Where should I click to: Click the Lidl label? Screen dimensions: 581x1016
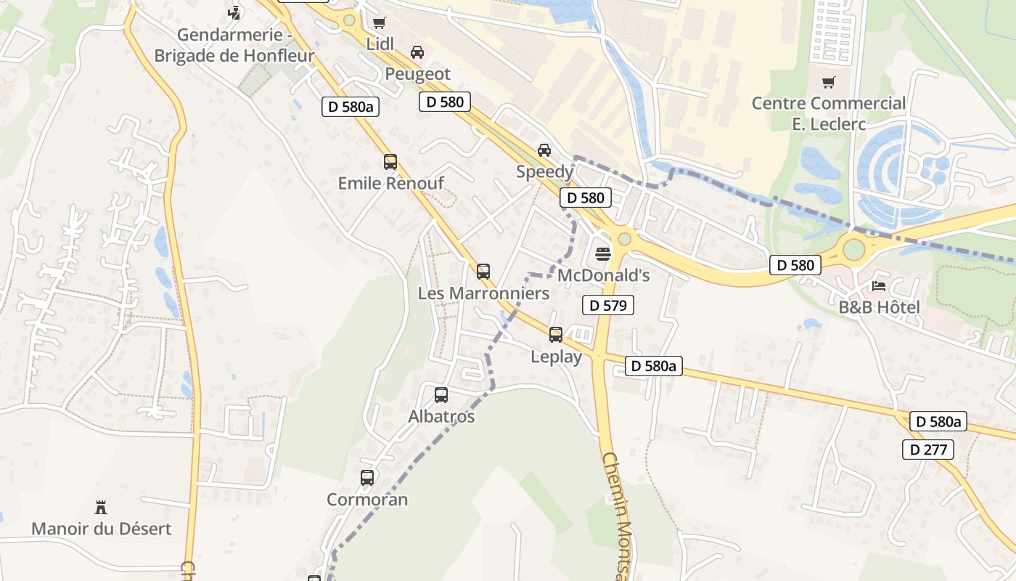tap(380, 44)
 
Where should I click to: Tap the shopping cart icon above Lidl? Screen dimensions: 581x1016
tap(378, 23)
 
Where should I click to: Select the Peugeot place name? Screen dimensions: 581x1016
tap(417, 74)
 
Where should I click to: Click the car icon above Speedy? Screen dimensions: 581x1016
tap(544, 150)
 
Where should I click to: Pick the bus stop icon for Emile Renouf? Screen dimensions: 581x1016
tap(390, 162)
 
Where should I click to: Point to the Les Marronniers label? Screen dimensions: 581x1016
tap(483, 293)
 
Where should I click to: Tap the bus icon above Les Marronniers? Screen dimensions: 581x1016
tap(483, 272)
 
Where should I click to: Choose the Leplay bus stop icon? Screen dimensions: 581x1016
tap(556, 335)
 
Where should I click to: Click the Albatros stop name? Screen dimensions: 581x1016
tap(441, 417)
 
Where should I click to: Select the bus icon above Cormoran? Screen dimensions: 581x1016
tap(367, 478)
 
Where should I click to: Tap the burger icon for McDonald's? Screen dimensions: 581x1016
tap(603, 253)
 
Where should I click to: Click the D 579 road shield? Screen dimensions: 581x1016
tap(608, 306)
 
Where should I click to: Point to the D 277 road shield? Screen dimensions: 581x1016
tap(928, 450)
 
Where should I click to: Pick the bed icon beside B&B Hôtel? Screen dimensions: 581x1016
tap(879, 285)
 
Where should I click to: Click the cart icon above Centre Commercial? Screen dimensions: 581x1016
tap(828, 82)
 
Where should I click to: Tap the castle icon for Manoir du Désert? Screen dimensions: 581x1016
tap(101, 507)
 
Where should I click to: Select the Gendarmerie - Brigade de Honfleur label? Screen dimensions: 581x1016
tap(234, 45)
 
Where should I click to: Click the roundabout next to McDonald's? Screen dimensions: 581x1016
tap(624, 238)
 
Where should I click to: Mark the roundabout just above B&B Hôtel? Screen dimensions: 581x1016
tap(854, 249)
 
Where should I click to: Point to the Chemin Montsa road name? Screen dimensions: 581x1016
tap(619, 516)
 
